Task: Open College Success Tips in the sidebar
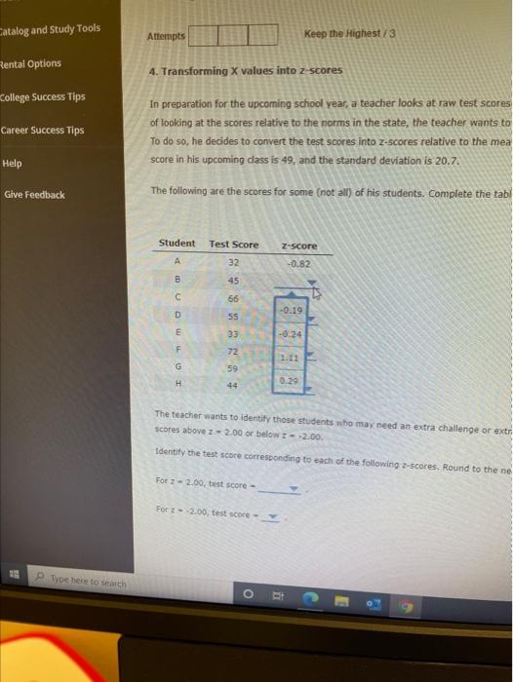43,97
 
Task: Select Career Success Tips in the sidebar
42,131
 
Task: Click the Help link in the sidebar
13,164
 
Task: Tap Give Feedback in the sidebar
34,195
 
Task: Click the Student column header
177,243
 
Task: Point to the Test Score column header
234,243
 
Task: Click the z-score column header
298,246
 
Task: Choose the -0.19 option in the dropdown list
293,311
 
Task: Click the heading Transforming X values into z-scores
243,72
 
